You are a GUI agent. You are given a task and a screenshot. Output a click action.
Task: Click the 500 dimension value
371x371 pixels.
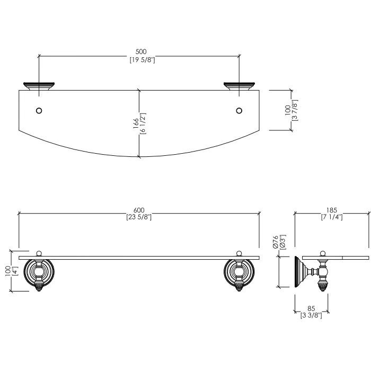141,51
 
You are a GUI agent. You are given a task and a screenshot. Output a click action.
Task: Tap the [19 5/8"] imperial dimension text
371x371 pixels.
142,60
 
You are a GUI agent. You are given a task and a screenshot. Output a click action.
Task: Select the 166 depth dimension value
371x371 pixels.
136,123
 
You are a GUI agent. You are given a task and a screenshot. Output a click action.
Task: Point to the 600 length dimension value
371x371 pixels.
139,210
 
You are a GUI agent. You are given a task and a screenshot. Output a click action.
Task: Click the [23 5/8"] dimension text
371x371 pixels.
139,217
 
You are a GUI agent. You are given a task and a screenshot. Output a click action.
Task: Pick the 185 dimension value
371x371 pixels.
331,210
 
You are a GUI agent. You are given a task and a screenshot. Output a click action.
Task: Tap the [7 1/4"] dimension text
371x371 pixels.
332,217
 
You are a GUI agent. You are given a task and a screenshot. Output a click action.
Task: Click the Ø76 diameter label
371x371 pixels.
276,242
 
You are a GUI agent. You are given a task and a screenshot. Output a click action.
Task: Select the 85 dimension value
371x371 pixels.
312,308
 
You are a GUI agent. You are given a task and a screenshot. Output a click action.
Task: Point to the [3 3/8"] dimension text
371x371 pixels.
312,315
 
